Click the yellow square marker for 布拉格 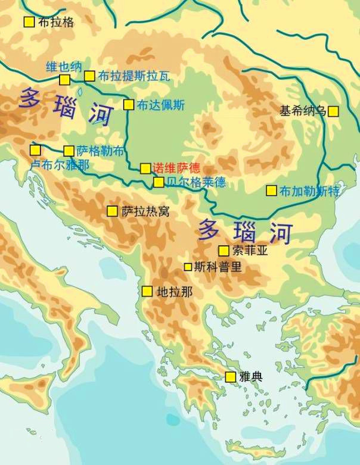point(29,22)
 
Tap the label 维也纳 point(64,66)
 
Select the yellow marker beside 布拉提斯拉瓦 point(89,76)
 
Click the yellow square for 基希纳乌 point(333,111)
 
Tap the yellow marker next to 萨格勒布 point(69,151)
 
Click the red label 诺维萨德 point(176,168)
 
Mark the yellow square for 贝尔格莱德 point(159,182)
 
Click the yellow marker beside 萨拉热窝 point(112,211)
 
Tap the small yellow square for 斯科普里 point(188,267)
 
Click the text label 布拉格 point(56,22)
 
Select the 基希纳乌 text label point(303,111)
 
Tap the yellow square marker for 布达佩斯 point(128,105)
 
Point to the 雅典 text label point(251,377)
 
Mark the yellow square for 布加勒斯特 point(271,191)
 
